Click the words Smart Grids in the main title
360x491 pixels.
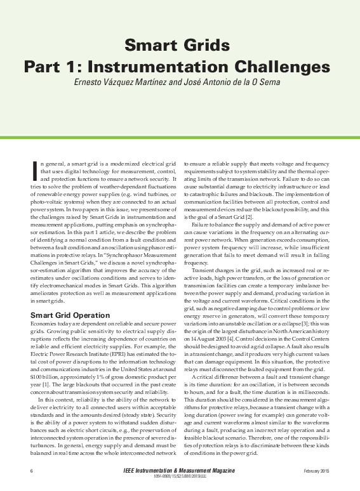[177, 45]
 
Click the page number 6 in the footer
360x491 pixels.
[32, 471]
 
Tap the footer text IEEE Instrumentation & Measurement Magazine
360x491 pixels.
[180, 471]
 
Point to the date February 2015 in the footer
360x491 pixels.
[316, 471]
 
